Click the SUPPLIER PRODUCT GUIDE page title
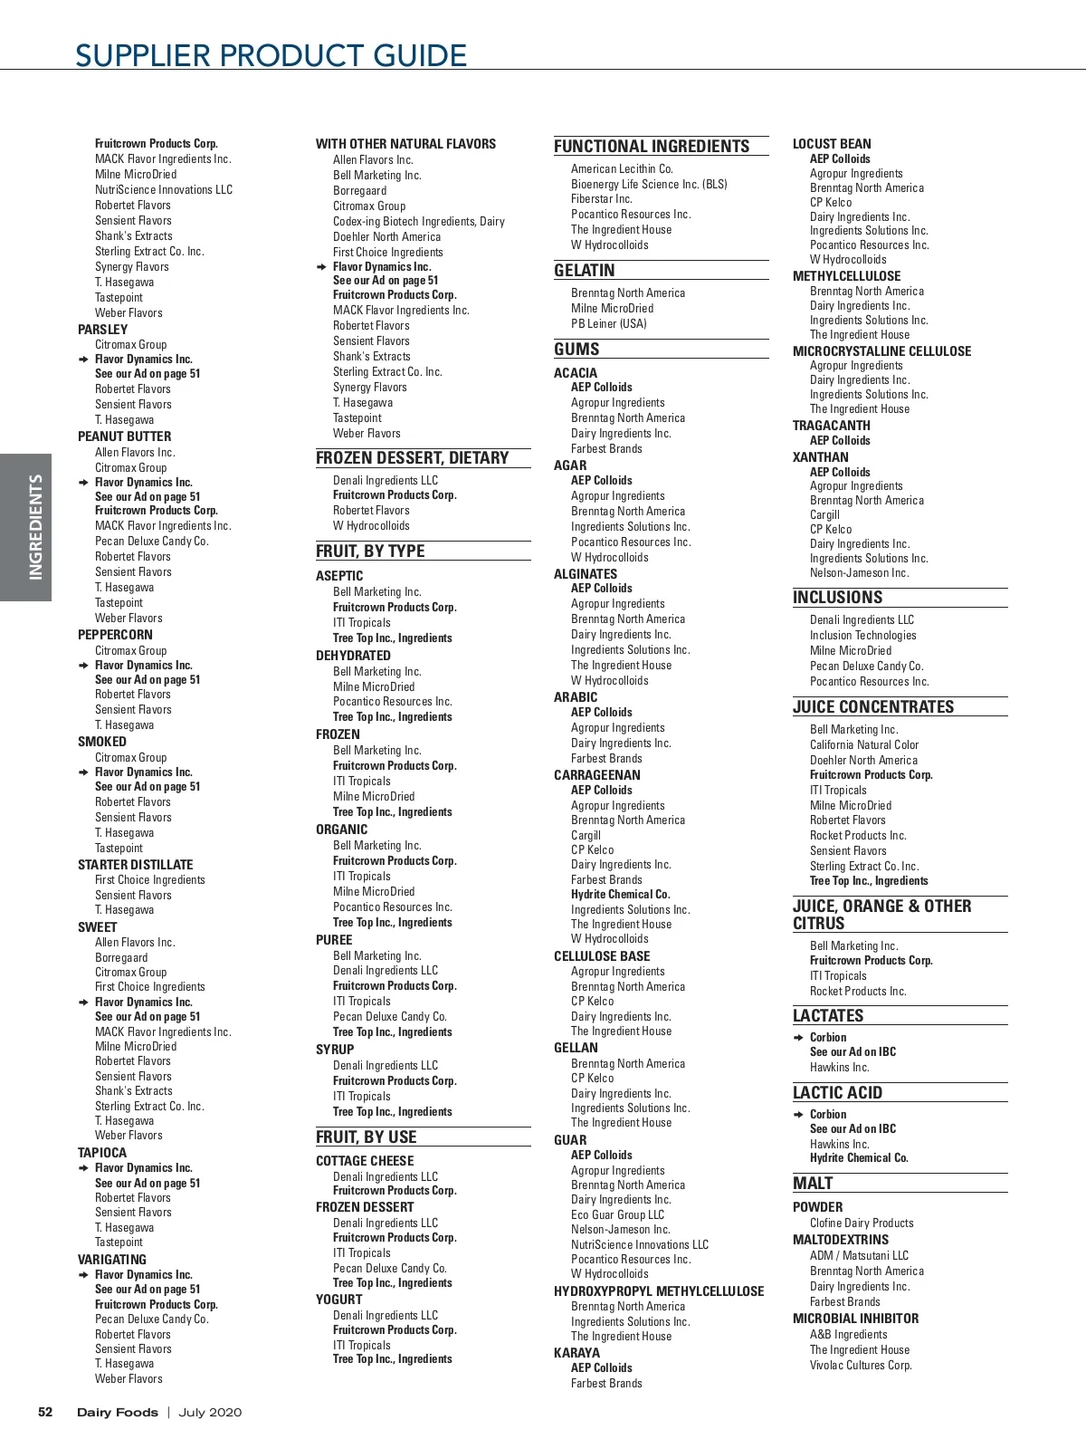click(x=271, y=55)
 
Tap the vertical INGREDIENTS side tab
click(x=35, y=527)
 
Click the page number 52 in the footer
click(x=45, y=1412)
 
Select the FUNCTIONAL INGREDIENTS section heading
click(x=652, y=146)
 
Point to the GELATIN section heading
click(x=584, y=270)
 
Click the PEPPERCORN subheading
click(x=115, y=635)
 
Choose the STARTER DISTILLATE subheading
click(x=135, y=865)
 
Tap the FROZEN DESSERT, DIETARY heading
click(x=412, y=458)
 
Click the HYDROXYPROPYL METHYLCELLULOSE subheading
click(x=659, y=1291)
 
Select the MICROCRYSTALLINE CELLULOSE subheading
click(x=881, y=351)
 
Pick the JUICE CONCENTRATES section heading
click(x=873, y=706)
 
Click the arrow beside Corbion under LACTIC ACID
click(x=798, y=1115)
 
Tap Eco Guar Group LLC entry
click(x=617, y=1214)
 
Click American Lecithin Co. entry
click(x=622, y=168)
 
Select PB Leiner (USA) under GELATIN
click(x=608, y=323)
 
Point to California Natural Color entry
click(x=863, y=744)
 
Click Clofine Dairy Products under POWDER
click(x=861, y=1223)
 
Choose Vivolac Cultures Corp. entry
click(x=860, y=1365)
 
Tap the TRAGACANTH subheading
click(x=831, y=426)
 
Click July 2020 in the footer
click(x=210, y=1412)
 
